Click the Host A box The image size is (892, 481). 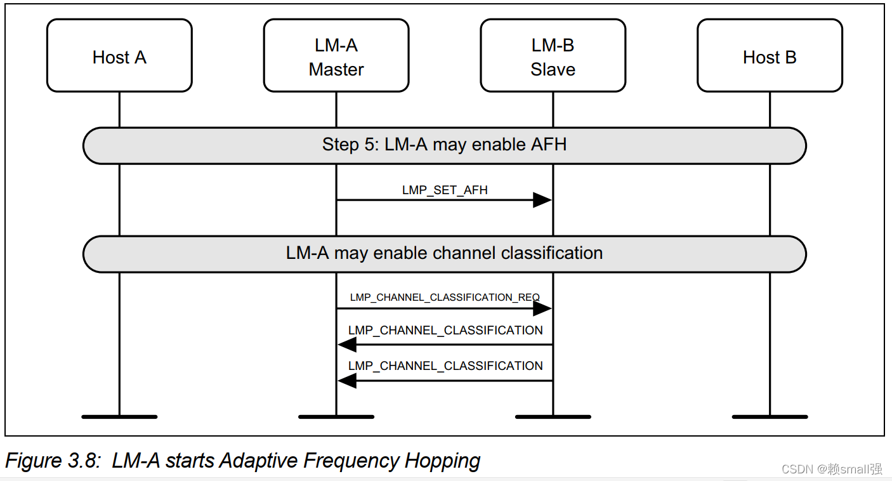[119, 56]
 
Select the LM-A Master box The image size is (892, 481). [336, 56]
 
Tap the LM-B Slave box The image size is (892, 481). [553, 56]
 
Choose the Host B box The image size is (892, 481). [770, 56]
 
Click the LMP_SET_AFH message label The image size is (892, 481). [445, 190]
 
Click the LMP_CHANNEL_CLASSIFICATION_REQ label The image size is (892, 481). [445, 297]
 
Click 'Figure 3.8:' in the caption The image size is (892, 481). [53, 461]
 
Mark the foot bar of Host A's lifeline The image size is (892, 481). [119, 417]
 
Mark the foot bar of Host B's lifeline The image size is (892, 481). [770, 417]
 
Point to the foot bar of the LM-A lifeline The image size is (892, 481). [336, 417]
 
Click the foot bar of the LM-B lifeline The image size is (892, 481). [553, 417]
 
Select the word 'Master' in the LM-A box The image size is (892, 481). [336, 69]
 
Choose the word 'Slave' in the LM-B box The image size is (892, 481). [553, 69]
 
